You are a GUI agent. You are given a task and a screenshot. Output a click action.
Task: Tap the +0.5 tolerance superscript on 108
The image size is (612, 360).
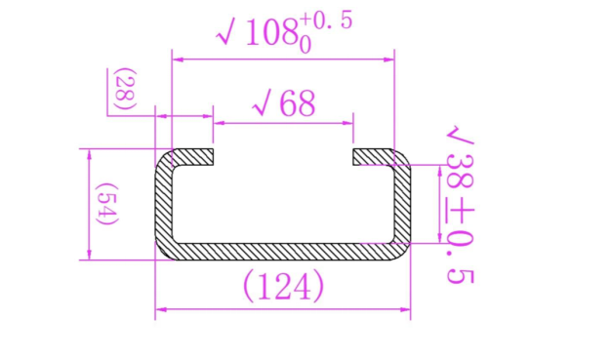[x=326, y=21]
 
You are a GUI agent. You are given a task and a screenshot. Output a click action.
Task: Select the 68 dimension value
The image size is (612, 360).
[x=298, y=103]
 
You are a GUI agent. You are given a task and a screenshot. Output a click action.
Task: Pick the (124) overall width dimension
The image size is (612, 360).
[x=284, y=287]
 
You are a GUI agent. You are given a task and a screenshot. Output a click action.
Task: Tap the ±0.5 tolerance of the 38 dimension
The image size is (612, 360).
[x=461, y=245]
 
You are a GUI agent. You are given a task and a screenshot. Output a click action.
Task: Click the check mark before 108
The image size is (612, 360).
[x=226, y=33]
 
